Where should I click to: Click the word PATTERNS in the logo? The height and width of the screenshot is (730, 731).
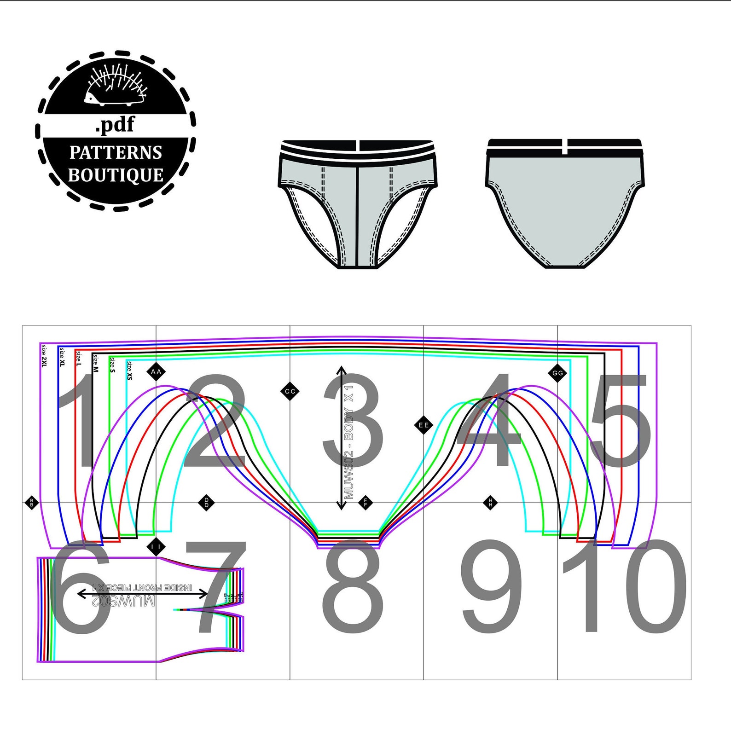116,152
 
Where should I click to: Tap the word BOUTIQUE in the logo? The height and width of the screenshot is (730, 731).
116,175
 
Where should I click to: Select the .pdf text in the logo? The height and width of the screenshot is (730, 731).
115,124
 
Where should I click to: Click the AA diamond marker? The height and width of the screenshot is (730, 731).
156,371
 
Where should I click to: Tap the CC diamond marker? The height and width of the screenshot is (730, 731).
290,392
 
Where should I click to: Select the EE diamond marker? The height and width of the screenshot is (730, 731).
424,425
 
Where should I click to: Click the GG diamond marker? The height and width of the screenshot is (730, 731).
557,373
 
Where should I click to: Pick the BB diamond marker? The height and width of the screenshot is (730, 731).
32,502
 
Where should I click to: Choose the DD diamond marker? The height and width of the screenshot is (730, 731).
206,502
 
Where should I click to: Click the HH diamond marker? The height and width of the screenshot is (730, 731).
490,502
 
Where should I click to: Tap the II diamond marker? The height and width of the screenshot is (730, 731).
156,547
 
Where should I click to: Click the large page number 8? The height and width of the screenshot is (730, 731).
353,586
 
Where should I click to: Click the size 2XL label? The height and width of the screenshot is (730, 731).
44,355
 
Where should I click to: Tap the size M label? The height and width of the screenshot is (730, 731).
95,363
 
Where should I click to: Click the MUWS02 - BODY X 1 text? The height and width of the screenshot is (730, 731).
349,442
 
